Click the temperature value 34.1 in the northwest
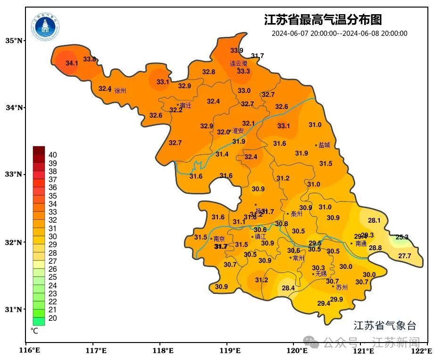pos(72,63)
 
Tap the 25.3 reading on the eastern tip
pos(402,237)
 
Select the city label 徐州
pos(120,90)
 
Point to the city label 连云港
pos(238,63)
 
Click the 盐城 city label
pos(325,145)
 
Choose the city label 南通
pos(361,243)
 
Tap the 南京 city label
pos(219,239)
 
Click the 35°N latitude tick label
pos(14,41)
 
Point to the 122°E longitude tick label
pos(422,351)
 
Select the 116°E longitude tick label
pos(28,351)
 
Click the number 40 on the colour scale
pos(53,155)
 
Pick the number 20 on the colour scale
pos(53,318)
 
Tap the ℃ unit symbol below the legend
pos(34,331)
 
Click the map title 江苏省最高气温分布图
pos(323,20)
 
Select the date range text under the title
pos(339,33)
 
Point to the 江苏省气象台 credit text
pos(385,325)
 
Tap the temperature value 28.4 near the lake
pos(288,288)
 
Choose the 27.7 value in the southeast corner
pos(404,256)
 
